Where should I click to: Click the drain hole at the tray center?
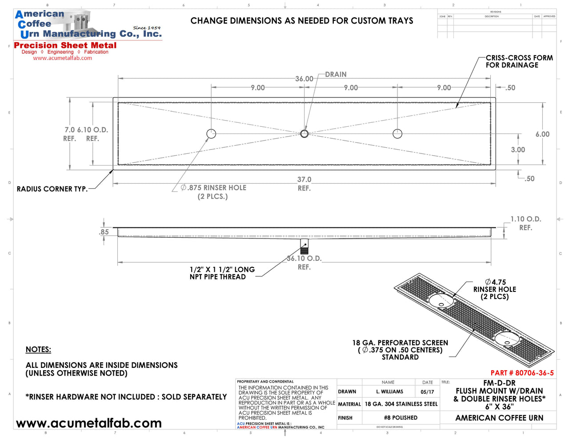pyautogui.click(x=304, y=133)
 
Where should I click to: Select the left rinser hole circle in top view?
pyautogui.click(x=211, y=133)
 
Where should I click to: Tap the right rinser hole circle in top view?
pyautogui.click(x=397, y=133)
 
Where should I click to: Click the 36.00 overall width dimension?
pyautogui.click(x=304, y=79)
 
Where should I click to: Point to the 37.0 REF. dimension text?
pyautogui.click(x=304, y=183)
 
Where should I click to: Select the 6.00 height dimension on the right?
pyautogui.click(x=542, y=134)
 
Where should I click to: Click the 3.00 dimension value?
pyautogui.click(x=518, y=150)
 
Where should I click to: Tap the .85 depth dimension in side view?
pyautogui.click(x=104, y=232)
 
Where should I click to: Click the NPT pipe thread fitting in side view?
pyautogui.click(x=304, y=246)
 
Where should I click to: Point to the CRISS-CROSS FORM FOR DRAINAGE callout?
pyautogui.click(x=519, y=61)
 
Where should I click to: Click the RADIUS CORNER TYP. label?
pyautogui.click(x=52, y=189)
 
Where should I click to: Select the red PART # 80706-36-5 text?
pyautogui.click(x=522, y=373)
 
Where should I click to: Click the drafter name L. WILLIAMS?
pyautogui.click(x=389, y=392)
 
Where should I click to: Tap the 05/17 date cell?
pyautogui.click(x=427, y=392)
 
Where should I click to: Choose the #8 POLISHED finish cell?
pyautogui.click(x=401, y=418)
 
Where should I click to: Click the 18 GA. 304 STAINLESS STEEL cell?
pyautogui.click(x=401, y=404)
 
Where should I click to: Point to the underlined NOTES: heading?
pyautogui.click(x=38, y=350)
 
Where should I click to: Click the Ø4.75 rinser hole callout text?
pyautogui.click(x=495, y=282)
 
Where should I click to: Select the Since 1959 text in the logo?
pyautogui.click(x=147, y=28)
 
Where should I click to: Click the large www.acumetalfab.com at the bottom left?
pyautogui.click(x=89, y=423)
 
